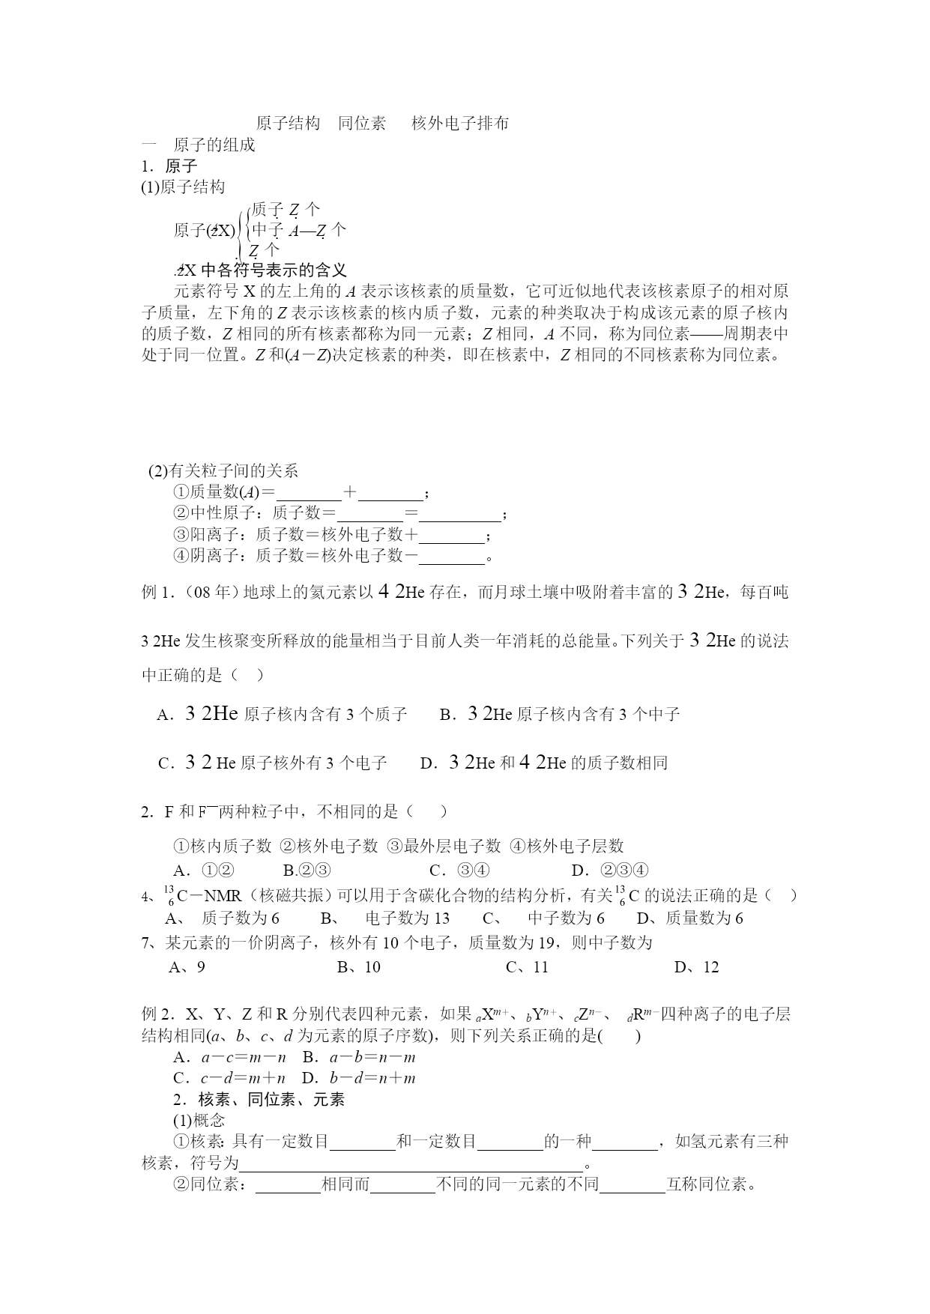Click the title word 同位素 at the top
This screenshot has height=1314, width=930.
(362, 123)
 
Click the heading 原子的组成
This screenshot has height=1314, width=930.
(214, 145)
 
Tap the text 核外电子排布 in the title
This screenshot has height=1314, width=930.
(460, 123)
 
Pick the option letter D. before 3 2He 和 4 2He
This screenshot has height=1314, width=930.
(429, 763)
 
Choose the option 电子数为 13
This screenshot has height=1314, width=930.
(407, 918)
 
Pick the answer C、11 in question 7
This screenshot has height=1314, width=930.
(527, 967)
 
